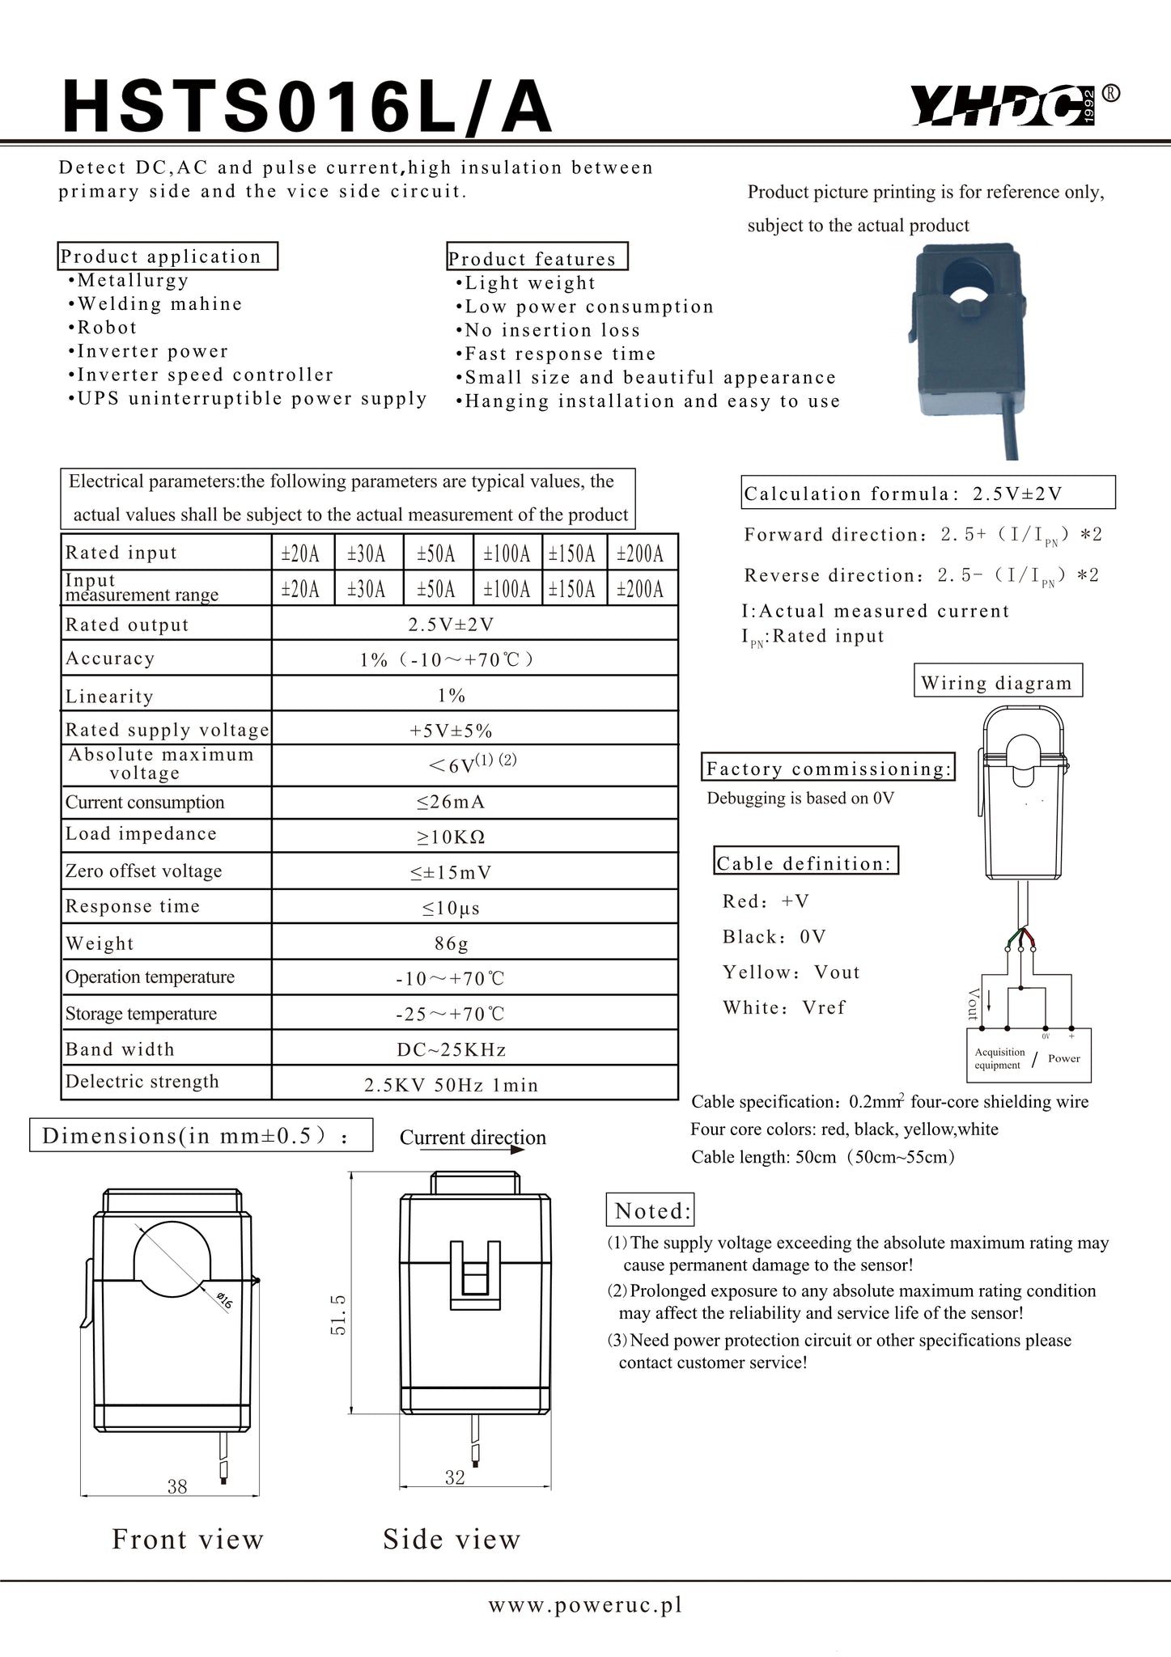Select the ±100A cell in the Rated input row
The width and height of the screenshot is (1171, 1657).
507,554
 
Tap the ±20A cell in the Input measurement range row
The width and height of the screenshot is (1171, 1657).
300,589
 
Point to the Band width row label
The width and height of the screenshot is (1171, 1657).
120,1049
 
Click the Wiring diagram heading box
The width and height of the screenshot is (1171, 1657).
996,682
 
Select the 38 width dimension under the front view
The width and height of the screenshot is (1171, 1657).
176,1485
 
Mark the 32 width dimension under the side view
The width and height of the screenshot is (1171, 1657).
455,1477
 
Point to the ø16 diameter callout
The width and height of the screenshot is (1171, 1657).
223,1301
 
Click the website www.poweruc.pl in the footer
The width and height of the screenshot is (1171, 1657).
585,1605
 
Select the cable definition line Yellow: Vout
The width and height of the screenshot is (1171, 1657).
791,973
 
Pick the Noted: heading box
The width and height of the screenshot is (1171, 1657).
651,1211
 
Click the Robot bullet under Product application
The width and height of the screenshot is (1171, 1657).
107,328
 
